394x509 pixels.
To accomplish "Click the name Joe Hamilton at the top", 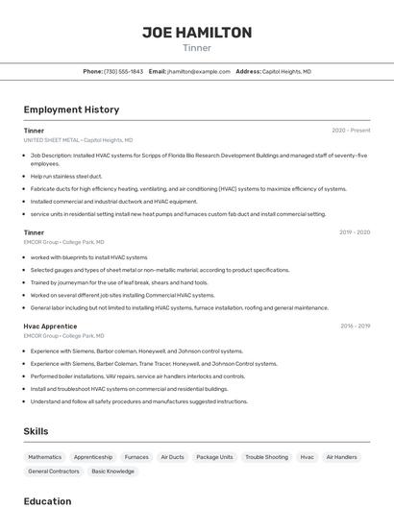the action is click(x=197, y=32).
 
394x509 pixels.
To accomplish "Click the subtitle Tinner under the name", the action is click(x=197, y=48).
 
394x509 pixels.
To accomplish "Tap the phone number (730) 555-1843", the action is click(x=124, y=71).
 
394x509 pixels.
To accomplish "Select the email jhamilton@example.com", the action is click(x=199, y=71).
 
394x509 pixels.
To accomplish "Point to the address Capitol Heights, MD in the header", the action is click(x=286, y=71).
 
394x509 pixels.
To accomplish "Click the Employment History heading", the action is click(x=71, y=109).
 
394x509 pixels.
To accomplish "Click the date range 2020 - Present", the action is click(x=351, y=131).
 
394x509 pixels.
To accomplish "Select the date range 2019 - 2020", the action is click(x=354, y=232).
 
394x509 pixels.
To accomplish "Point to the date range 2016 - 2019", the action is click(x=355, y=327).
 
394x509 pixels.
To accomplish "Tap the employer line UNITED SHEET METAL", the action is click(x=52, y=140).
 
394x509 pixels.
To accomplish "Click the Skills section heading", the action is click(x=36, y=431).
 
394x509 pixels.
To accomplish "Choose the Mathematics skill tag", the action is click(x=44, y=457).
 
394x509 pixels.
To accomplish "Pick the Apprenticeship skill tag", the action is click(x=93, y=457).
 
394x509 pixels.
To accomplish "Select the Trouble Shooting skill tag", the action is click(x=266, y=457).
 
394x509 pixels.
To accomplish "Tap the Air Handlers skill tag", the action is click(x=341, y=457).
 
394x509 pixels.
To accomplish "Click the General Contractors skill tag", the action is click(x=53, y=472).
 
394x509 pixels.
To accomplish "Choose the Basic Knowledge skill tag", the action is click(x=112, y=472).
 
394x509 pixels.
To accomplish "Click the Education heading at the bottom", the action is click(x=47, y=501).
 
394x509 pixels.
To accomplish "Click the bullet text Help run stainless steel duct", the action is click(x=66, y=176).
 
